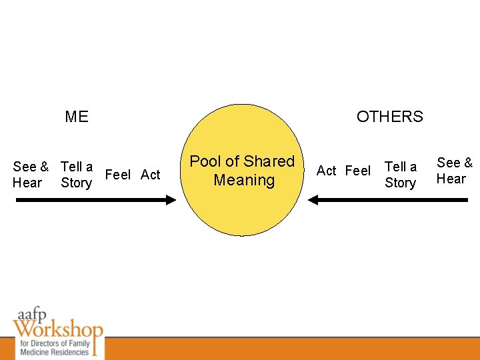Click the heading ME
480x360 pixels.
click(77, 117)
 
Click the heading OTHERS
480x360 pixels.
click(389, 117)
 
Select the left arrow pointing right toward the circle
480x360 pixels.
click(93, 199)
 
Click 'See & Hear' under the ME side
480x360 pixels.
click(30, 175)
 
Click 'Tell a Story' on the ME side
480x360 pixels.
click(76, 175)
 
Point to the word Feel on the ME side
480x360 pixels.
click(118, 175)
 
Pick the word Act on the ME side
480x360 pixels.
click(151, 175)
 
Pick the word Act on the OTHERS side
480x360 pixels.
click(327, 171)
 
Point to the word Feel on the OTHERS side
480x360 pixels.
click(358, 171)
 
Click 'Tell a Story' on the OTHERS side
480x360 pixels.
click(401, 175)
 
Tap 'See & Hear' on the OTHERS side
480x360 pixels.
click(455, 171)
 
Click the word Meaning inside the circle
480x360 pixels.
click(244, 180)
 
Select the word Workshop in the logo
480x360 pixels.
click(57, 329)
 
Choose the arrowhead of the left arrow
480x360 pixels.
click(171, 199)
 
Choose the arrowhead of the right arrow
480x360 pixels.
click(314, 199)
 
